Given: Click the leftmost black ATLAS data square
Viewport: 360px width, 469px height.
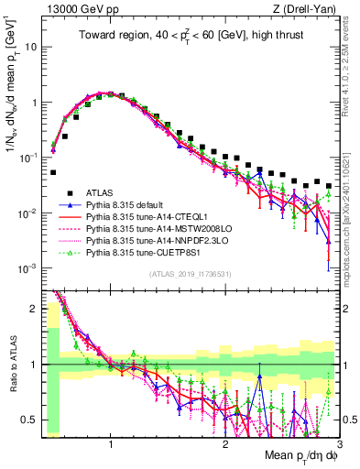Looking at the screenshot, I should pos(53,172).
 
